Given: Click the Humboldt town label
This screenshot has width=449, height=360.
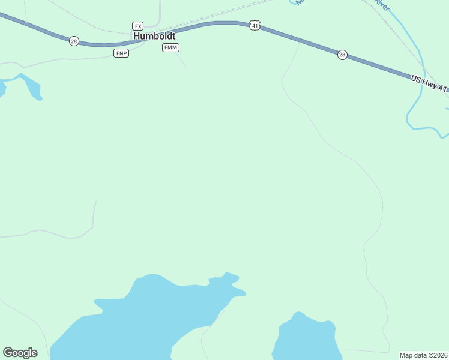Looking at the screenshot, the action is (154, 36).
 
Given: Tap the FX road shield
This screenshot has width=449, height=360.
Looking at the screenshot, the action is (138, 26).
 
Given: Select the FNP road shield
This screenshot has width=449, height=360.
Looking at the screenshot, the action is (121, 53).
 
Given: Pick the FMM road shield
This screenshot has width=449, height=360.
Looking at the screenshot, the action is (170, 48).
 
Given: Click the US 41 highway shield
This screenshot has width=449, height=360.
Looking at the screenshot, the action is (255, 25).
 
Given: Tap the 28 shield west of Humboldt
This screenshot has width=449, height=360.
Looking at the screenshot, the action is (74, 41).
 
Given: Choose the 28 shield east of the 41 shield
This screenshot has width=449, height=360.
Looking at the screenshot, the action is (342, 55).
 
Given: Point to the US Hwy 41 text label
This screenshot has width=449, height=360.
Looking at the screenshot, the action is (429, 84).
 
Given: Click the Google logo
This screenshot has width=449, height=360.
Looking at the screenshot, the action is (20, 353).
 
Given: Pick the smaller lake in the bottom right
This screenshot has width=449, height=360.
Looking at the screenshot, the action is (306, 339).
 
